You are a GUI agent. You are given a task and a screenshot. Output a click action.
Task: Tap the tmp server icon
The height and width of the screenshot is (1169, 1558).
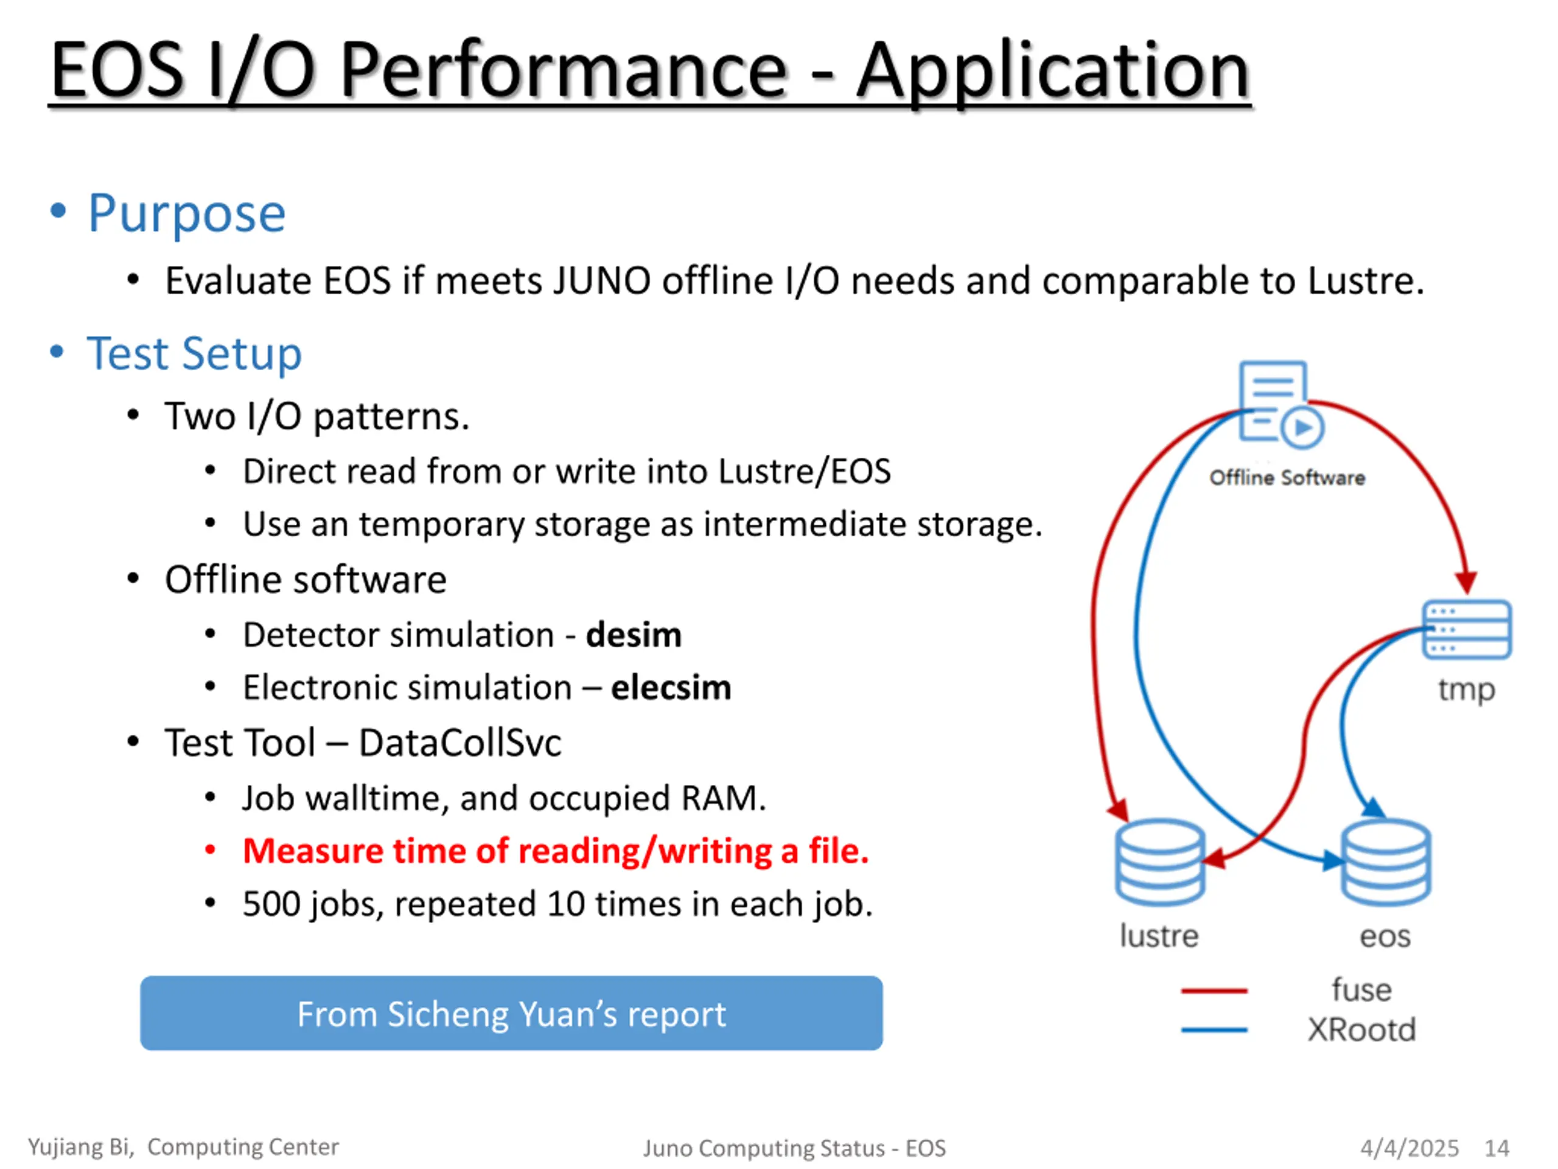(x=1467, y=629)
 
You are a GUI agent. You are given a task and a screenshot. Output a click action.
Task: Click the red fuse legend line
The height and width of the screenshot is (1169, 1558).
(x=1214, y=991)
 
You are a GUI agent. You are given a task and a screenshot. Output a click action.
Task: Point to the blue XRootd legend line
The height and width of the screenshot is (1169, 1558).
(x=1214, y=1030)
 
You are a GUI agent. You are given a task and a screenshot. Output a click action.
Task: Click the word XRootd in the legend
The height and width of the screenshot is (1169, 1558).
(x=1361, y=1030)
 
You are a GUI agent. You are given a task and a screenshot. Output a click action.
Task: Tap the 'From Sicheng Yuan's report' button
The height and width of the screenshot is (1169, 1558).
(x=511, y=1013)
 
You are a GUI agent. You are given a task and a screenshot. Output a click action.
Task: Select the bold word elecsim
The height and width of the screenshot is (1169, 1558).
(x=671, y=687)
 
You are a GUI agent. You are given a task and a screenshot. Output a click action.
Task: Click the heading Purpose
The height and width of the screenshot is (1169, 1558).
(x=187, y=213)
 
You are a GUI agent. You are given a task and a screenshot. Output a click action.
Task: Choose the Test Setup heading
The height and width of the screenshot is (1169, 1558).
(x=194, y=353)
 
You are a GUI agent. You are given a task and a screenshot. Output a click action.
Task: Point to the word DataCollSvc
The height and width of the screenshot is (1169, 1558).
(x=461, y=743)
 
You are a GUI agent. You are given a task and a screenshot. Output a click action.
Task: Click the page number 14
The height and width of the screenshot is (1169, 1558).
(x=1497, y=1148)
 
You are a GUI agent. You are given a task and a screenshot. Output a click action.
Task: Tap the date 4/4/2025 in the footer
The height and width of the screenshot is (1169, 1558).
(x=1410, y=1148)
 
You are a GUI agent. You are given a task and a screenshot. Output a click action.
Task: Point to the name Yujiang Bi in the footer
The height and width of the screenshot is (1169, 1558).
(x=81, y=1147)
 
